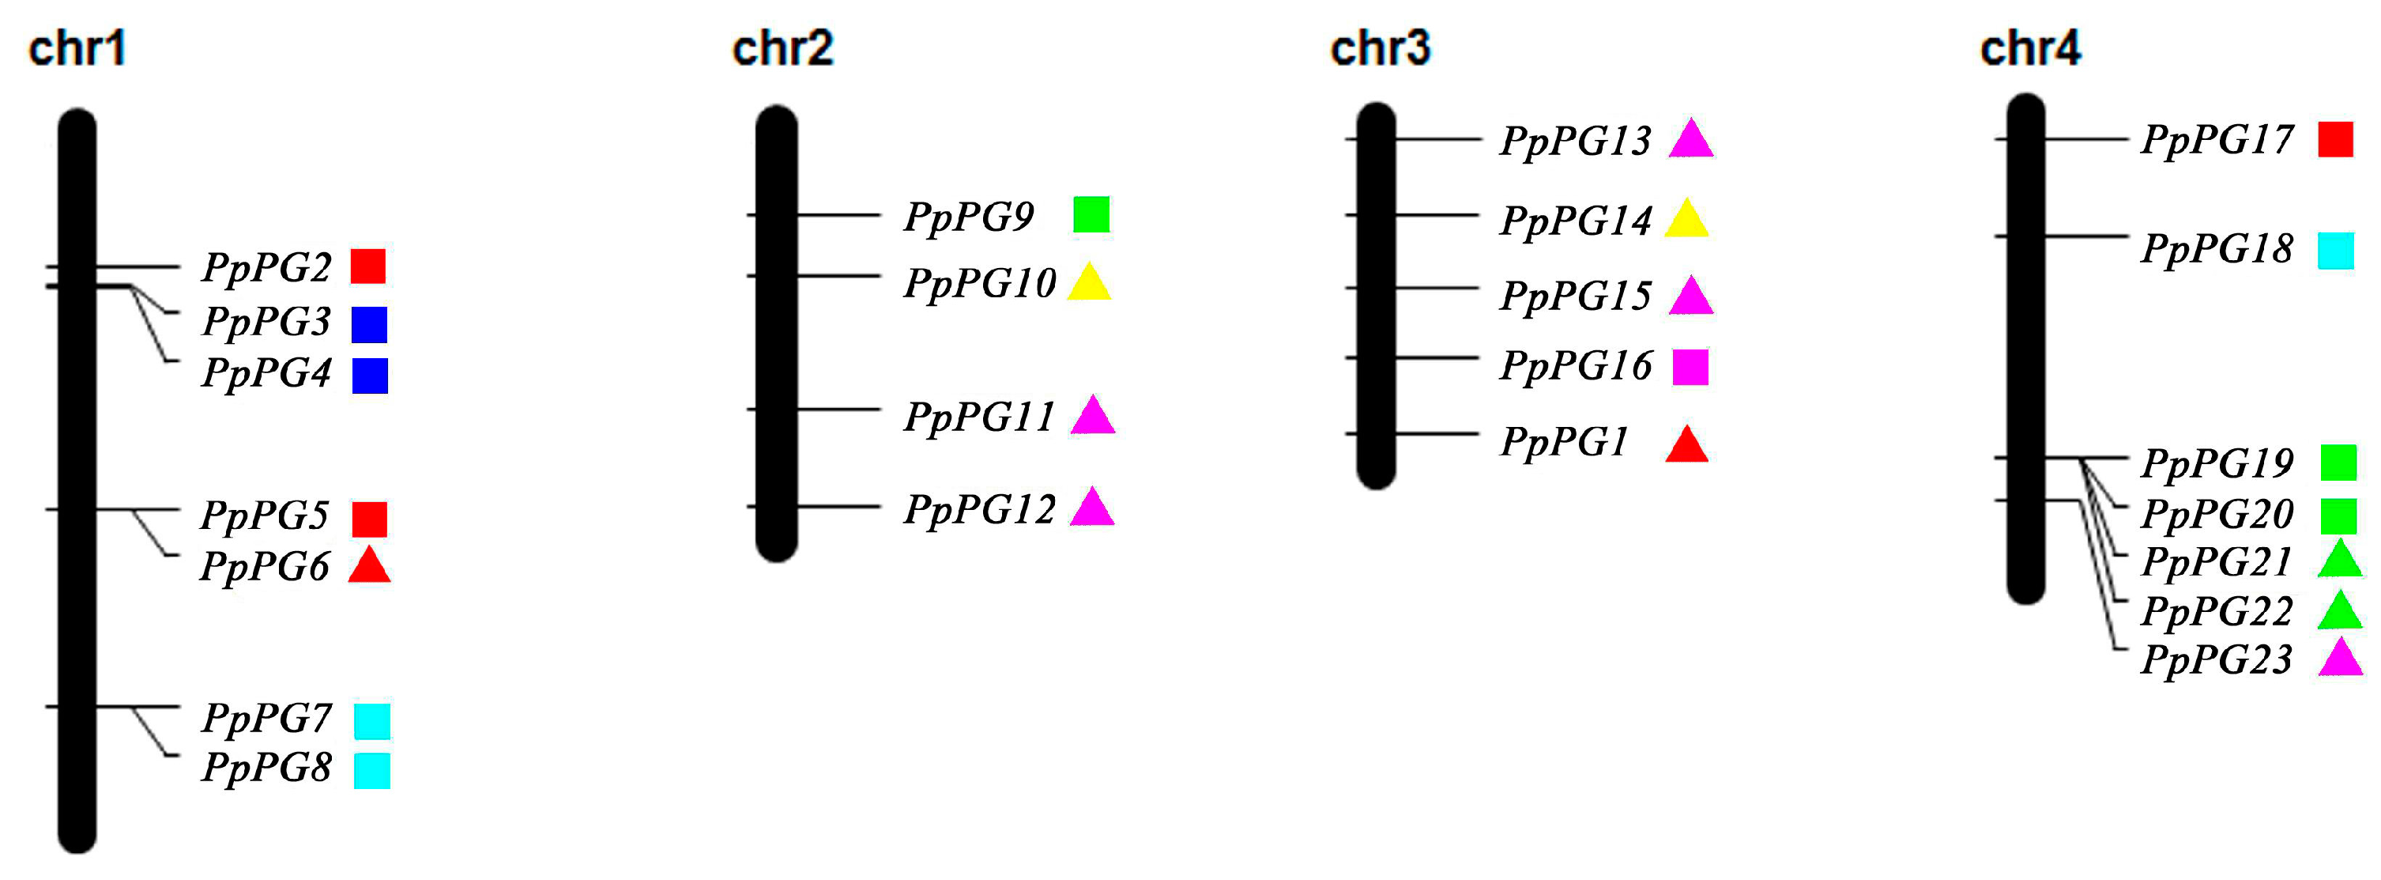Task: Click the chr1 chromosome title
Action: point(77,48)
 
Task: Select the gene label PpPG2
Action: point(266,267)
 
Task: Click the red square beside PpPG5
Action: point(370,519)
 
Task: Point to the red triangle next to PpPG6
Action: point(370,567)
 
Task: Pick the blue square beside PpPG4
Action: point(370,376)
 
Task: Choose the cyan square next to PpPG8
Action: point(371,771)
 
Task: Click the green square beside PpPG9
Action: point(1091,214)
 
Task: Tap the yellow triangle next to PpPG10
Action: point(1089,283)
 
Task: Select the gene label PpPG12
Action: point(979,509)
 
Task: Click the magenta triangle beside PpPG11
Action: point(1093,416)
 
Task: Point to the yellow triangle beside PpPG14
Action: point(1687,220)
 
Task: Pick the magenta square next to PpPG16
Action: point(1690,367)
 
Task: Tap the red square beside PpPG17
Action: point(2336,140)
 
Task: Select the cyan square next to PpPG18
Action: point(2336,251)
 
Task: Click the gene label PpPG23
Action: point(2217,660)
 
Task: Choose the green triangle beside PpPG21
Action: point(2341,560)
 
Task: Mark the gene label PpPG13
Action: point(1575,142)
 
